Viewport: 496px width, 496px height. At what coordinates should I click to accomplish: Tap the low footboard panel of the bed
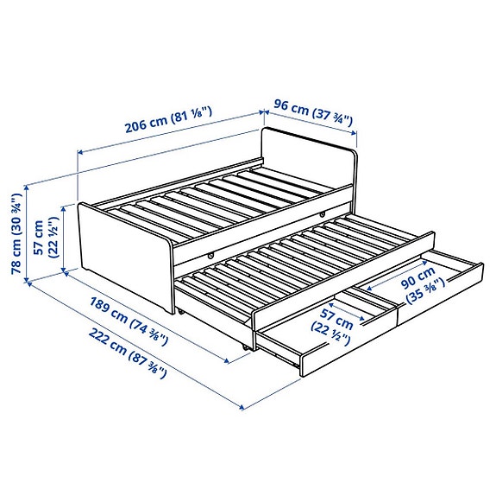121,251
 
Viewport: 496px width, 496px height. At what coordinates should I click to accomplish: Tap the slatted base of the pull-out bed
302,259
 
